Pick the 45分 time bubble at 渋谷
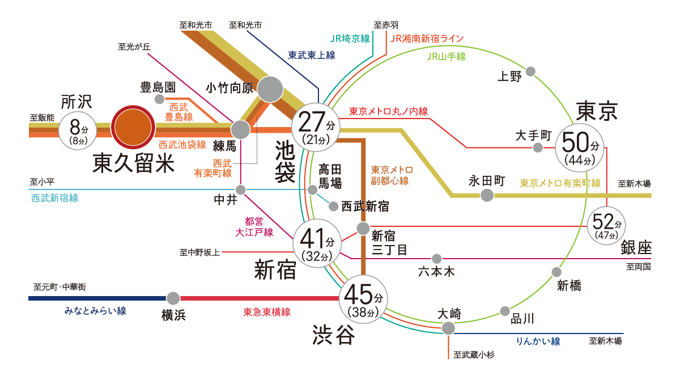coord(363,301)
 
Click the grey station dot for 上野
coord(531,71)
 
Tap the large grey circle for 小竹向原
coord(270,89)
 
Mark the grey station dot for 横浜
coord(173,298)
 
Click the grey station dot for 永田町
coord(487,196)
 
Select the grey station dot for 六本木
coord(437,259)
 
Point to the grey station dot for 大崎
coord(448,328)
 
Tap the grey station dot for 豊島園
coord(160,99)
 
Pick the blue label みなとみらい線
coord(95,311)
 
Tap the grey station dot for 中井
coord(241,189)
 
